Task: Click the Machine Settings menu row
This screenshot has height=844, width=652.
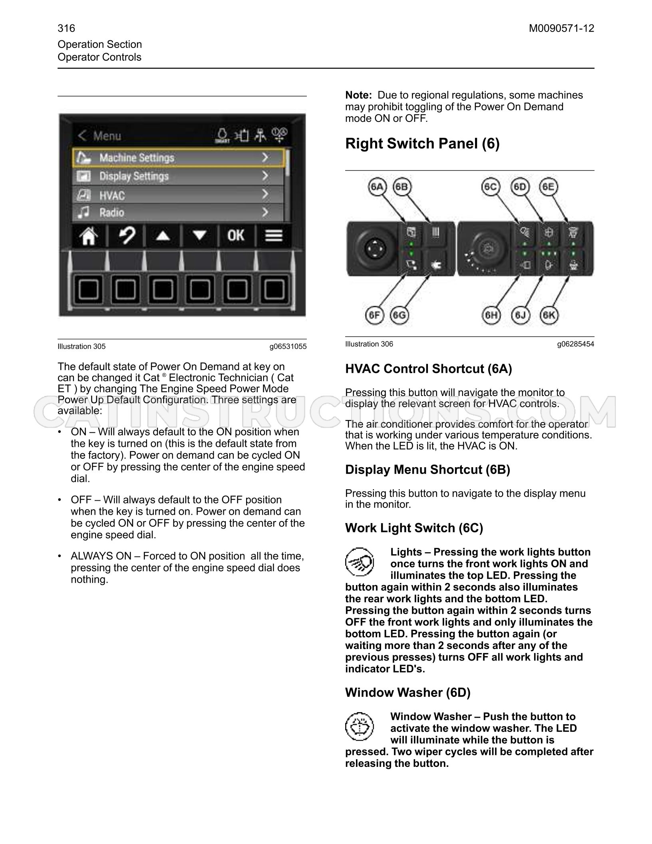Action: [178, 158]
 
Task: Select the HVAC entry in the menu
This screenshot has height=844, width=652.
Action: [178, 195]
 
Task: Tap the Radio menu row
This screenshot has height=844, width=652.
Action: [178, 213]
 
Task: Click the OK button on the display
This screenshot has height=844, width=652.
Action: [236, 235]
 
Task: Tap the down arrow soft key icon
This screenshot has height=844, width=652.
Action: [199, 236]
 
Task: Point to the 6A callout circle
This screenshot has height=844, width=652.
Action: [377, 187]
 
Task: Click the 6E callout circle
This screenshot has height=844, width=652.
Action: [549, 187]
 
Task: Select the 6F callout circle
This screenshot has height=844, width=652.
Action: [374, 315]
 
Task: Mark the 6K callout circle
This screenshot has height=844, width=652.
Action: [549, 315]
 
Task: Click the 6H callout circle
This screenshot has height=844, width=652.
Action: [491, 315]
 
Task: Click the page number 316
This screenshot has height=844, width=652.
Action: [66, 28]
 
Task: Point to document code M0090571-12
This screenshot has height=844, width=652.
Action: [561, 28]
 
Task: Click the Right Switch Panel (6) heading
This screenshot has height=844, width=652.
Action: [422, 143]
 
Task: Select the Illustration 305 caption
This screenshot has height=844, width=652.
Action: [81, 346]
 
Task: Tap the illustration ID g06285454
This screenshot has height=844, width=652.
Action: [576, 344]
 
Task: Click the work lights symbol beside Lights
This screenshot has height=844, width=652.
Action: [360, 562]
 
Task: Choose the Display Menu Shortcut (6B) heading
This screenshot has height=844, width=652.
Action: [427, 470]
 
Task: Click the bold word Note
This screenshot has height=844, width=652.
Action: [358, 95]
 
